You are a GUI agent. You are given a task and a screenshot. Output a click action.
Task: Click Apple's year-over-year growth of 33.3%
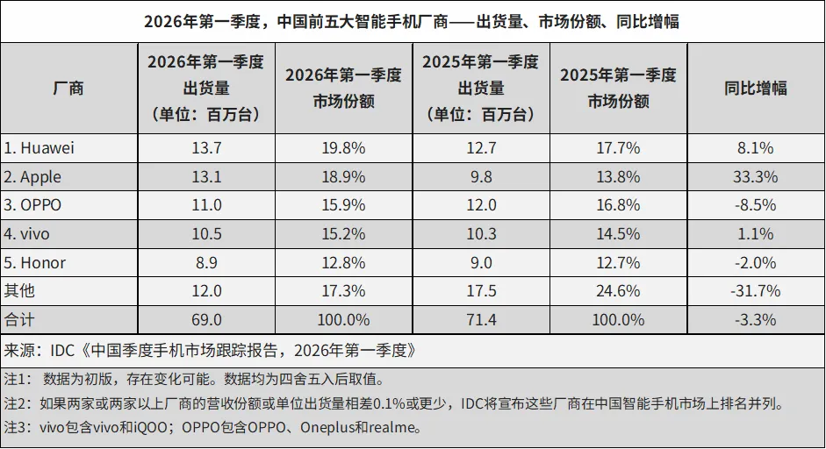755,176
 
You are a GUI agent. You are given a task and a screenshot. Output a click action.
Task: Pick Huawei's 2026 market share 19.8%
343,147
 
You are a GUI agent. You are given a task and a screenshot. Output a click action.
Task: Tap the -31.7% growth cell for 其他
755,290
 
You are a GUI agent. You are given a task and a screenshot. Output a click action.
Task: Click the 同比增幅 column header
755,88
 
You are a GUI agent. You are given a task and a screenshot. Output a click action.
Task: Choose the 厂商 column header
68,88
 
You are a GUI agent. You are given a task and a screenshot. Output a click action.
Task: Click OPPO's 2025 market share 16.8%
618,205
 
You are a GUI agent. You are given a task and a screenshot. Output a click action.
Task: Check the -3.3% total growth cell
755,319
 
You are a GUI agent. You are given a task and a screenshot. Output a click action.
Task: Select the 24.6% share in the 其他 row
618,290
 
